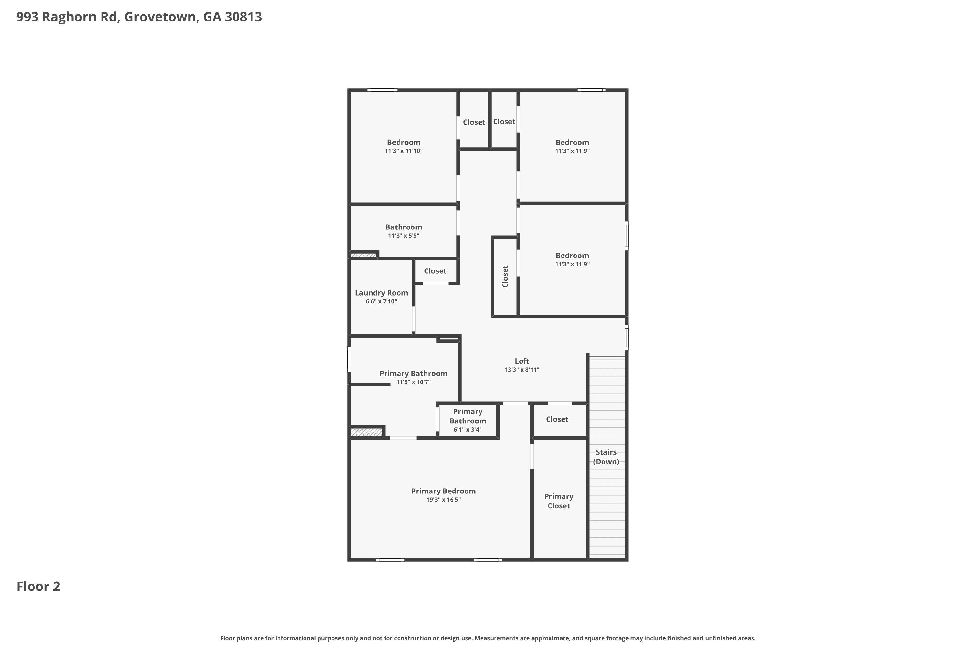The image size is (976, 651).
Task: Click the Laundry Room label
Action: click(x=381, y=293)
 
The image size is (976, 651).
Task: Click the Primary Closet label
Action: click(x=559, y=501)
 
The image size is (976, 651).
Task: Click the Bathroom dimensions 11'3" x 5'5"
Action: click(x=403, y=236)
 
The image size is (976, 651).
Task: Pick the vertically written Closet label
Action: click(x=505, y=276)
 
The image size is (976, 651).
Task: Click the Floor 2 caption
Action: click(x=38, y=586)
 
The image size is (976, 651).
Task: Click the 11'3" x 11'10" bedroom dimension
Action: click(x=403, y=151)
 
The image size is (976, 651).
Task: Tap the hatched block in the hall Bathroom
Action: click(x=363, y=255)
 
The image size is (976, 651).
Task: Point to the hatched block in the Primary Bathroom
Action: click(x=366, y=433)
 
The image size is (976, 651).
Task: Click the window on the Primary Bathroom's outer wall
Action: click(x=349, y=360)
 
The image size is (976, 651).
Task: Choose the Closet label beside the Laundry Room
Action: click(x=435, y=271)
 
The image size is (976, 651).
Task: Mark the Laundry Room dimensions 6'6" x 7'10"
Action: click(x=381, y=302)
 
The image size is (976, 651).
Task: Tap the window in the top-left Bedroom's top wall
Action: click(x=382, y=90)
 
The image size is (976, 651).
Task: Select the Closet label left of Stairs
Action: click(x=557, y=419)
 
